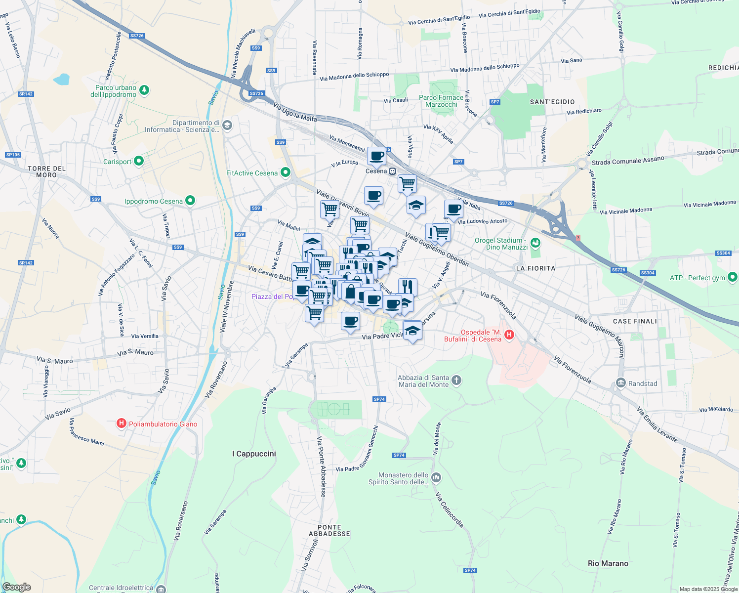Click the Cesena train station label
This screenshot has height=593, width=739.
376,171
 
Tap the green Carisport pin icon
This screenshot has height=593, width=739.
139,161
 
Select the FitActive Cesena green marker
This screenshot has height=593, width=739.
285,172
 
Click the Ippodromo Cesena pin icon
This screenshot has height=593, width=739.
190,201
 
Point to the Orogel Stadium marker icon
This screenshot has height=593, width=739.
535,243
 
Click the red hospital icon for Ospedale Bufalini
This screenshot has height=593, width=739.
509,335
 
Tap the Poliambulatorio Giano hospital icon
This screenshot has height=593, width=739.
121,424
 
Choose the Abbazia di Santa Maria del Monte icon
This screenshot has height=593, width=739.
456,380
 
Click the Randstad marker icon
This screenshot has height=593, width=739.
621,383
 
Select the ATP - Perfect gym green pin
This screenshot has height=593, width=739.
733,277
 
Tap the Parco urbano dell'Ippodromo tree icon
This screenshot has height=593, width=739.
144,90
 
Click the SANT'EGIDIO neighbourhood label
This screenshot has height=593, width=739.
552,102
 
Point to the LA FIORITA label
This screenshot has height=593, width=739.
535,268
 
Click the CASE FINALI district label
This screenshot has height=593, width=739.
635,321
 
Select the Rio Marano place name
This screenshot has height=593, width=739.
608,563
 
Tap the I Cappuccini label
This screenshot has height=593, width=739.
254,454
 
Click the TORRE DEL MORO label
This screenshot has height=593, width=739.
46,171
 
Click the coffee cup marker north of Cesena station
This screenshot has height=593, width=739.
376,156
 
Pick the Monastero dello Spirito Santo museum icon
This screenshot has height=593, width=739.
436,477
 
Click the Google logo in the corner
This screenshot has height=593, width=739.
16,587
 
